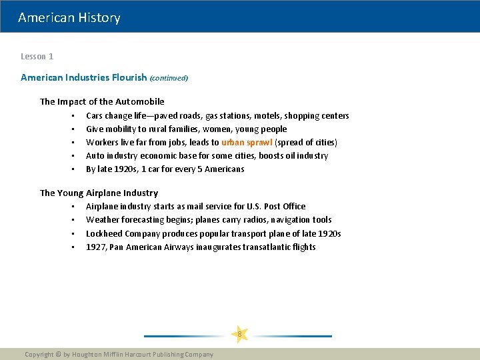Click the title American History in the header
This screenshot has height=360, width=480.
pyautogui.click(x=69, y=18)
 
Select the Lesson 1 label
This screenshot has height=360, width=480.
pyautogui.click(x=37, y=57)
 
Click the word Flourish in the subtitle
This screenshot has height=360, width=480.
pyautogui.click(x=130, y=77)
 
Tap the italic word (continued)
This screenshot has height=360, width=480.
pyautogui.click(x=169, y=78)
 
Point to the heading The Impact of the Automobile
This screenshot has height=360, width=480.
pyautogui.click(x=102, y=101)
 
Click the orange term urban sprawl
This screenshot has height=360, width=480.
pyautogui.click(x=247, y=142)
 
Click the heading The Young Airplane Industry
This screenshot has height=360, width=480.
pyautogui.click(x=99, y=193)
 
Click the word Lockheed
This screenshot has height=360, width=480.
pyautogui.click(x=103, y=233)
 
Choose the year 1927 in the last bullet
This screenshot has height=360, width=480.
pyautogui.click(x=95, y=247)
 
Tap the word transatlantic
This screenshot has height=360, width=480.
pyautogui.click(x=255, y=247)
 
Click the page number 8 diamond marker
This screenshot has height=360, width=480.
pyautogui.click(x=239, y=334)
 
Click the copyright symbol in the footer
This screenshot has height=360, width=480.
pyautogui.click(x=57, y=355)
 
